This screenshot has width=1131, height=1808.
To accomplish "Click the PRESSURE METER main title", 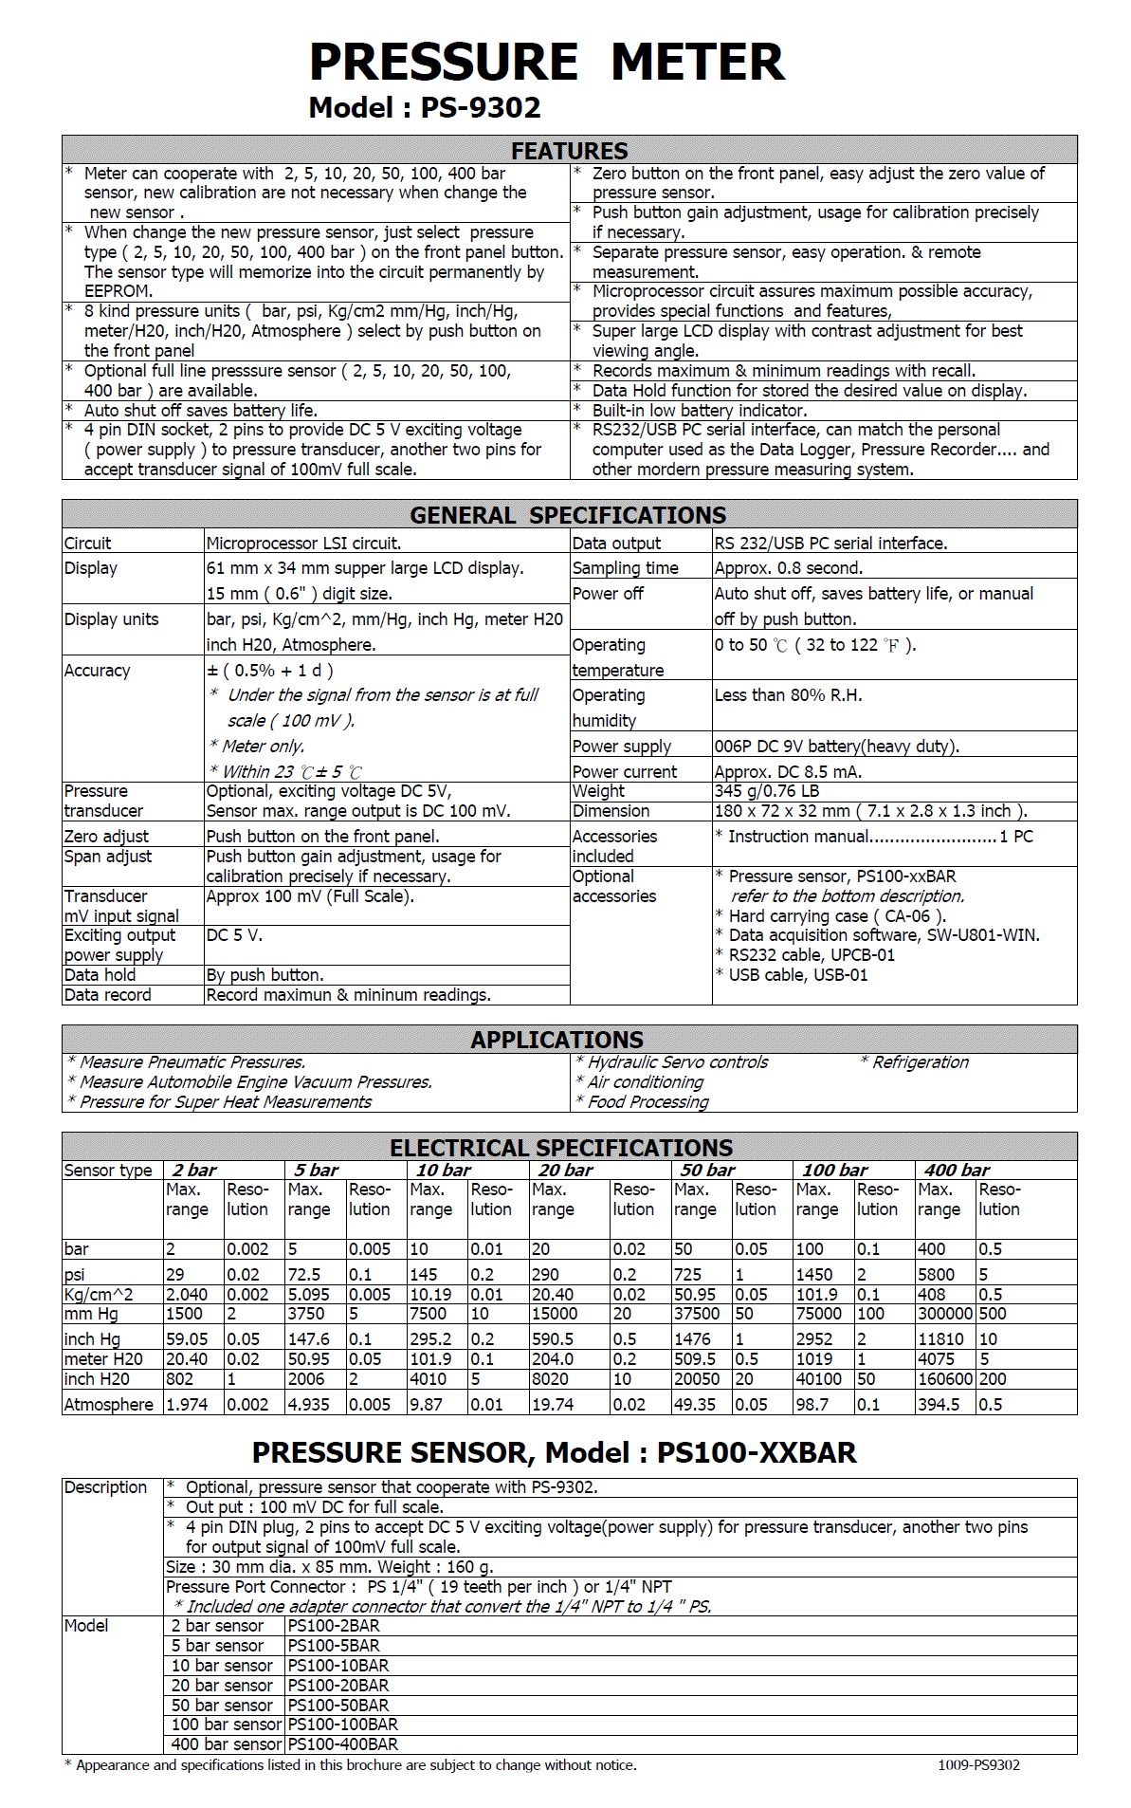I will [547, 62].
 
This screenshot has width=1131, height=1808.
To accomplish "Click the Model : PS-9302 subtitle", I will [425, 107].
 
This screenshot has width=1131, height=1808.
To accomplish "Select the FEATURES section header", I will [569, 151].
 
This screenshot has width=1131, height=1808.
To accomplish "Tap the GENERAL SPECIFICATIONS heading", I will [568, 515].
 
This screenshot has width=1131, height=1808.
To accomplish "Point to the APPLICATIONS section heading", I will [556, 1040].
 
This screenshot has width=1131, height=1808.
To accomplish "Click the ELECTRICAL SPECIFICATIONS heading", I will [561, 1148].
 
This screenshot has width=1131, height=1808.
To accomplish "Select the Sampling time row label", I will [625, 568].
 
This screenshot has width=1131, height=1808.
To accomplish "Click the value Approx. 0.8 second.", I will [788, 568].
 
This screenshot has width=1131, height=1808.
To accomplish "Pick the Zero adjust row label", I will [106, 837].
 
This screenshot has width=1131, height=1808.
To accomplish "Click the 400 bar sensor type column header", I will [957, 1171].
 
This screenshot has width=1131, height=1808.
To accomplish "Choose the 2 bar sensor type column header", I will [194, 1171].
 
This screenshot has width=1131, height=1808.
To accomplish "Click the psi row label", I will [75, 1275].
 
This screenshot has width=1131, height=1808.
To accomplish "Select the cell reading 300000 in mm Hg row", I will [945, 1315].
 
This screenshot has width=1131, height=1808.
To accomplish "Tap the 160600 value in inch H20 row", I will [945, 1379].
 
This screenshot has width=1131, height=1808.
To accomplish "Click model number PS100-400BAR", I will [343, 1744].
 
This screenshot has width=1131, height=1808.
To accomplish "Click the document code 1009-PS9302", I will [978, 1765].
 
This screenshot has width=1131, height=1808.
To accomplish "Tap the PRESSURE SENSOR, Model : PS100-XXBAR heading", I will [554, 1452].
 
